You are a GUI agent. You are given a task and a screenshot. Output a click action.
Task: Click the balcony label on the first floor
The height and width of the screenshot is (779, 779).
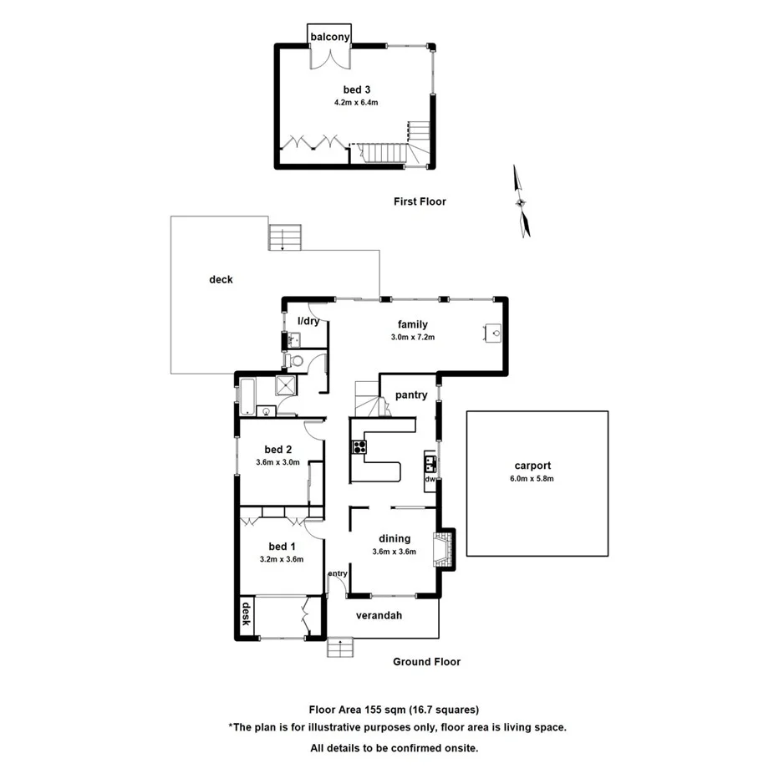[x=330, y=38]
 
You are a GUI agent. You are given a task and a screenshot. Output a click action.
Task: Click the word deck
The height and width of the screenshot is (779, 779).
[x=221, y=280]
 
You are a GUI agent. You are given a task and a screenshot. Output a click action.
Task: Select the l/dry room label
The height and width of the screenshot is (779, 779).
[x=309, y=321]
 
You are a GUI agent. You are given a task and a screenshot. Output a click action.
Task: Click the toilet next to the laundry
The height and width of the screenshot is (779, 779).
[x=294, y=360]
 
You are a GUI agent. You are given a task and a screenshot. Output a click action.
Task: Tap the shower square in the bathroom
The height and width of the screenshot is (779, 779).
[x=286, y=386]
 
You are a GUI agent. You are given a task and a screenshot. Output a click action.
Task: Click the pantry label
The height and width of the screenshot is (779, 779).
[x=411, y=395]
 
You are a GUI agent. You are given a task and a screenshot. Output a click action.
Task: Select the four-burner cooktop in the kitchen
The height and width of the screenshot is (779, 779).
[x=359, y=446]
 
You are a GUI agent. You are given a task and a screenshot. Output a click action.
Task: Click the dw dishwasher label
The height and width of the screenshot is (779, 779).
[x=430, y=480]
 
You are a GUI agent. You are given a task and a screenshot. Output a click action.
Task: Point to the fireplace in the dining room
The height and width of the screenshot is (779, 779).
[x=442, y=548]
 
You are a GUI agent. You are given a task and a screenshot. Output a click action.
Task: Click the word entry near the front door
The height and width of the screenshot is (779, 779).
[x=338, y=573]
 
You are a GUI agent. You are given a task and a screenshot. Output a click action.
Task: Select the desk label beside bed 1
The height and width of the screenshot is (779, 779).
[x=247, y=614]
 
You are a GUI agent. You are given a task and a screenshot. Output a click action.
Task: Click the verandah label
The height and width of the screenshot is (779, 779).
[x=379, y=616]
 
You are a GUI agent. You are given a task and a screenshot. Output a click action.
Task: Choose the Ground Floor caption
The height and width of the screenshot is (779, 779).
[x=426, y=662]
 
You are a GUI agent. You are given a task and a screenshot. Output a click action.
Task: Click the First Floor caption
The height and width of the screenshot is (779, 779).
[x=420, y=201]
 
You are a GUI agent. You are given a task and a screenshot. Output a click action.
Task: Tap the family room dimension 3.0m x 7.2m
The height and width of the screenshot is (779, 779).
[x=413, y=337]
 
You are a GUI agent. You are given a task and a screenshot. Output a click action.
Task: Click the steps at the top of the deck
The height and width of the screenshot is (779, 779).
[x=283, y=237]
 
